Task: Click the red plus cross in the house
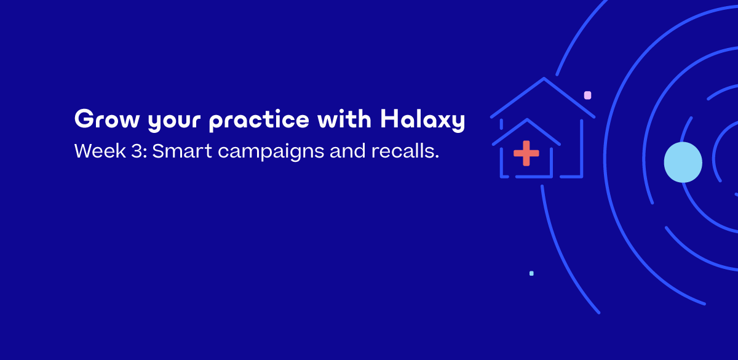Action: click(x=526, y=153)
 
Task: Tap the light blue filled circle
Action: click(x=683, y=162)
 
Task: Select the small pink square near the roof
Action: click(x=587, y=95)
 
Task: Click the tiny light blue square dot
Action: click(x=531, y=273)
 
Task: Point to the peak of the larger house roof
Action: click(x=544, y=79)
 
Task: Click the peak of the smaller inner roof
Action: click(x=527, y=120)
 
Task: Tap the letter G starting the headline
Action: click(x=83, y=119)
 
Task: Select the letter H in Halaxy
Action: click(x=388, y=119)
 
